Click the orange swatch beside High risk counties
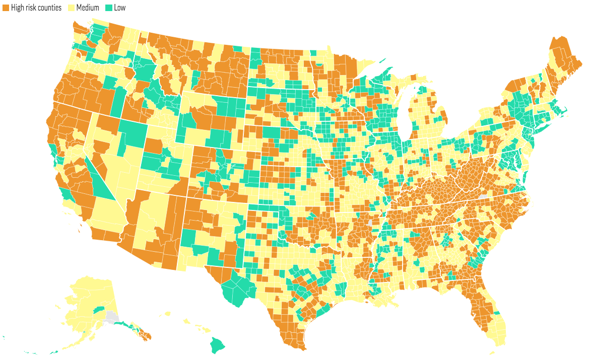click(6, 8)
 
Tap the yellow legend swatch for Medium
click(72, 8)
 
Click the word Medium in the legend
click(87, 8)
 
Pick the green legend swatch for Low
click(109, 8)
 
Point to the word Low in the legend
click(120, 8)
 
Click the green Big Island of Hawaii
click(218, 345)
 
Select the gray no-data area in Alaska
click(110, 317)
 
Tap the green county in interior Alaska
click(99, 309)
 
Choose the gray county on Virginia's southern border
click(484, 193)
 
